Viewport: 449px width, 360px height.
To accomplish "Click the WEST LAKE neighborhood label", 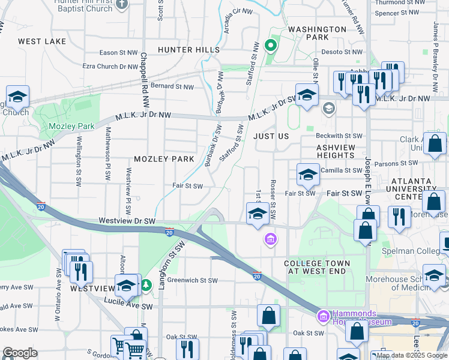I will coord(42,41).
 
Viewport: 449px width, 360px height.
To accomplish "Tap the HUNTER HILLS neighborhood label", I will coord(188,49).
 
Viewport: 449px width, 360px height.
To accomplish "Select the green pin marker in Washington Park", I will coord(271,45).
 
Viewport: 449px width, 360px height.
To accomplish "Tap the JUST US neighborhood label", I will coord(271,136).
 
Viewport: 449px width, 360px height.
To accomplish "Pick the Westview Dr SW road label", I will coord(127,221).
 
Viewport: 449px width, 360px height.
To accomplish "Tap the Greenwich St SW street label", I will coord(192,280).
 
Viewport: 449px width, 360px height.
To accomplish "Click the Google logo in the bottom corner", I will coord(20,352).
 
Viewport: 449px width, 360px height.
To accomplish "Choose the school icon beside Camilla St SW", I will coord(307,175).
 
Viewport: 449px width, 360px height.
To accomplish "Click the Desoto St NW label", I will coord(340,52).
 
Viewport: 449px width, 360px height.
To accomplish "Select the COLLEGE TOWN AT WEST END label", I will coord(316,268).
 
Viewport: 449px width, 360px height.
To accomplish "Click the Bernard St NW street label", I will coord(172,87).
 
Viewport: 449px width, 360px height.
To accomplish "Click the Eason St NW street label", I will coord(116,52).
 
